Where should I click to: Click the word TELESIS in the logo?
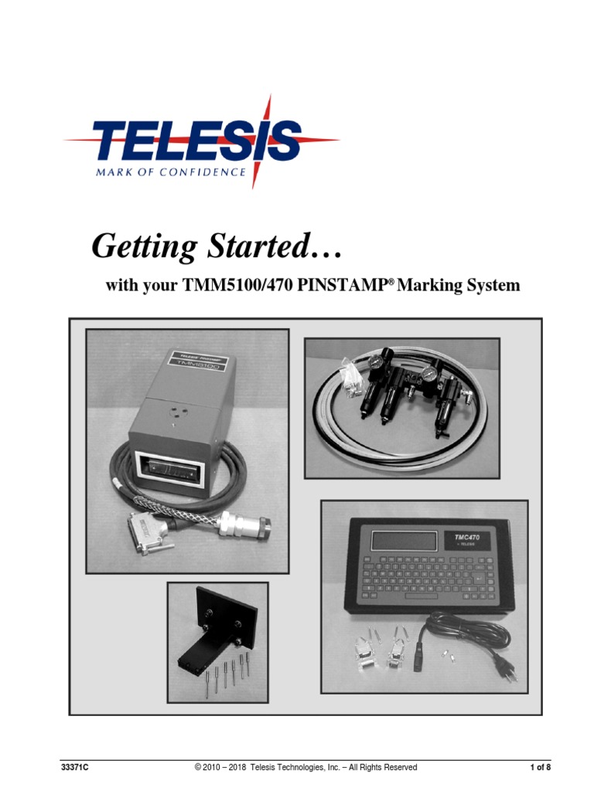197,142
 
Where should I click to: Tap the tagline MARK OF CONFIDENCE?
170,172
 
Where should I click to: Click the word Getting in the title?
144,247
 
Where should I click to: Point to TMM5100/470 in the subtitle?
237,286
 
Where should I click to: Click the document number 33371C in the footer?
75,767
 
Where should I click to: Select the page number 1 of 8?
540,767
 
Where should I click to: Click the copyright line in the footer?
306,767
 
